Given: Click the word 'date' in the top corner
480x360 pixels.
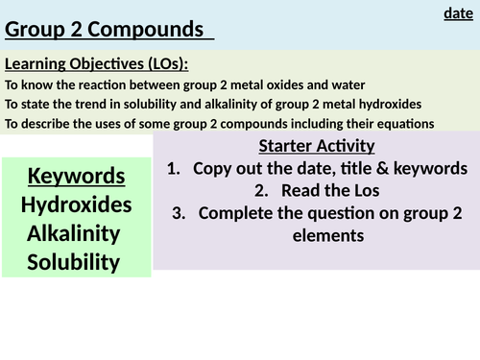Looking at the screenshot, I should pos(459,13).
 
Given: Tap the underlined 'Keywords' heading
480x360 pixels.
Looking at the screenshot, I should pos(77,177).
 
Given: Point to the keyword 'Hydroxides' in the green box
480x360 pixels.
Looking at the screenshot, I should pos(77,204).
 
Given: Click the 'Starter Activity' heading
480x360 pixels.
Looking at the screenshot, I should pos(316,147).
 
